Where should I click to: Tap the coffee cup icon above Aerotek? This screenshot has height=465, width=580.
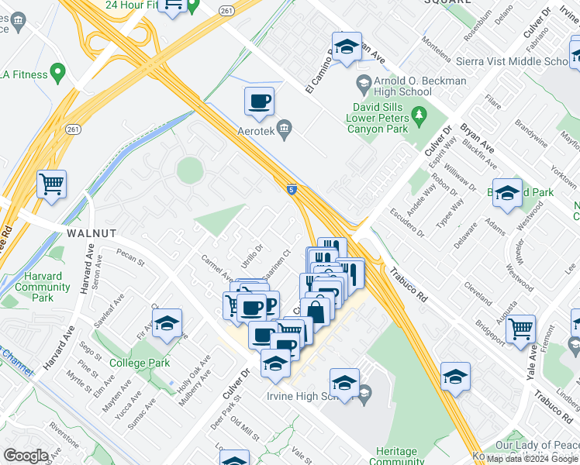[x=259, y=101]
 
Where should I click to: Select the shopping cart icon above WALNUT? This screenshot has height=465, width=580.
[x=51, y=184]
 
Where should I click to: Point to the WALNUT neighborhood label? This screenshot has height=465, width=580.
[x=91, y=232]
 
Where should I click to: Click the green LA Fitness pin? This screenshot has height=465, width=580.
[x=57, y=74]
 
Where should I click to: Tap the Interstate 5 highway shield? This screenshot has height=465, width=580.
[x=290, y=188]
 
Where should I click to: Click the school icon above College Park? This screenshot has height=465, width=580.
[x=167, y=324]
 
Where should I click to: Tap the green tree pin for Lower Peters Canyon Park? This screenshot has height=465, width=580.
[x=420, y=117]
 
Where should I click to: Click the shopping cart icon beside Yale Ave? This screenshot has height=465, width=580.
[x=522, y=328]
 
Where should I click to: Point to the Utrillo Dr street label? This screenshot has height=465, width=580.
[x=253, y=255]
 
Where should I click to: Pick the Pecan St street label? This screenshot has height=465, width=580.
[x=131, y=256]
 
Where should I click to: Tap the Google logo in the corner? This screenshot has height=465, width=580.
[x=26, y=456]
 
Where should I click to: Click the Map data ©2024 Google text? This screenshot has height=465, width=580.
[x=533, y=459]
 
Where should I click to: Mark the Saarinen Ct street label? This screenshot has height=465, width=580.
[x=277, y=261]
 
